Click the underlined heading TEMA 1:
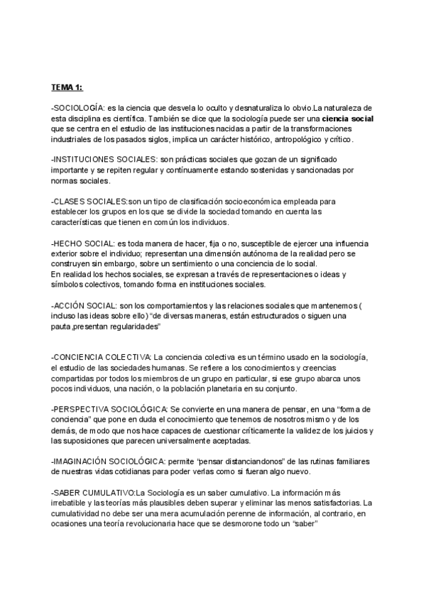point(67,87)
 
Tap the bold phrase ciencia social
point(347,118)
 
